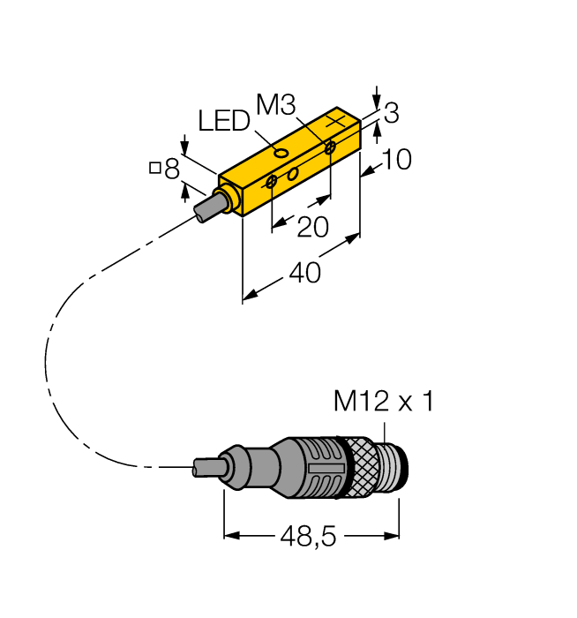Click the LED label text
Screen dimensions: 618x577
224,121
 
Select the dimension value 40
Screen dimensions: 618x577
304,275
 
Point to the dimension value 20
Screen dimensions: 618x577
312,228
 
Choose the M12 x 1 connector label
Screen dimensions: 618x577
384,403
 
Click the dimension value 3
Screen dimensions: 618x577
392,113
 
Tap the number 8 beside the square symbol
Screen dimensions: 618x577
172,168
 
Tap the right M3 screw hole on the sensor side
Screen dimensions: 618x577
330,147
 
